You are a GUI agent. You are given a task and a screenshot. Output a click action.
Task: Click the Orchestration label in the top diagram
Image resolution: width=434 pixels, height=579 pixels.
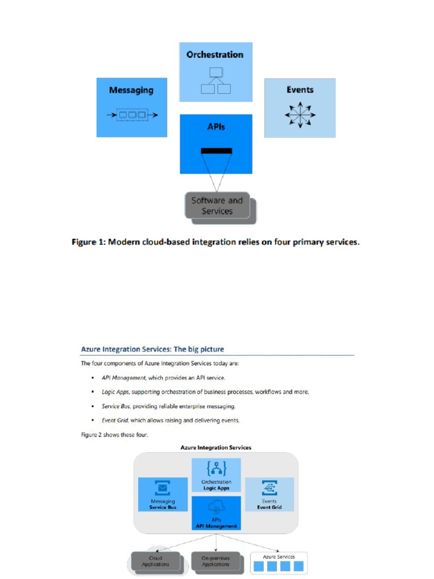215,55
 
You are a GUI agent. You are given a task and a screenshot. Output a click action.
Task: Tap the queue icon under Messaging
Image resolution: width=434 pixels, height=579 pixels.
132,115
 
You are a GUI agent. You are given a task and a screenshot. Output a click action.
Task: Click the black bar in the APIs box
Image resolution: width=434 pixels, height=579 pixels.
216,150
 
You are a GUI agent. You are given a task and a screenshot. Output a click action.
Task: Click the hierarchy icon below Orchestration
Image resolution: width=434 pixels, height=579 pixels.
216,80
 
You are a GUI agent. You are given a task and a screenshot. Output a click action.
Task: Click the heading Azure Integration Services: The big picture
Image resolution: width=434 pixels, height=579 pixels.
153,349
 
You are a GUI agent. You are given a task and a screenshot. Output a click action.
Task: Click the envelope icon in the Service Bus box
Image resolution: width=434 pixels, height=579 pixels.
163,488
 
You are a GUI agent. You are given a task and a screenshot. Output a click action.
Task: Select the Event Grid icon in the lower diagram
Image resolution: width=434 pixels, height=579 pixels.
270,488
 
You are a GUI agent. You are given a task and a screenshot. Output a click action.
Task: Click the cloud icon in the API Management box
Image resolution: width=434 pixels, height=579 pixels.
216,506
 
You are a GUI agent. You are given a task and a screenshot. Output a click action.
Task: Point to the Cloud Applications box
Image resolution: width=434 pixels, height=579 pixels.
156,561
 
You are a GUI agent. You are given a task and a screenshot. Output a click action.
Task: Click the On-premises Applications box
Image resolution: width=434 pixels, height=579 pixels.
216,561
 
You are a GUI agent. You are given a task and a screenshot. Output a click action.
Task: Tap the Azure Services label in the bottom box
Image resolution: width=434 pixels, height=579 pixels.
279,557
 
